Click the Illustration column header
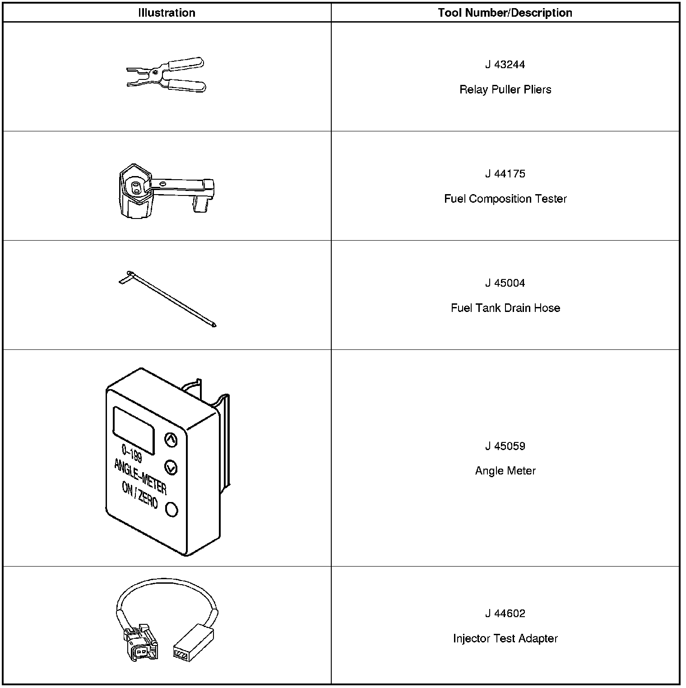point(167,13)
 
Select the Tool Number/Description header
point(505,13)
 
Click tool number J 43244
point(505,65)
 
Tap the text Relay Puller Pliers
point(505,89)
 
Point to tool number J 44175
point(505,174)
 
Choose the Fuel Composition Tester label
point(505,199)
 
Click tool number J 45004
point(505,283)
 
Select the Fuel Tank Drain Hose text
point(505,308)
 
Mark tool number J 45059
point(505,446)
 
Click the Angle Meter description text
point(505,471)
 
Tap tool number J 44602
point(505,614)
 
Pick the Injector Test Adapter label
point(505,638)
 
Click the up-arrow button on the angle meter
point(171,440)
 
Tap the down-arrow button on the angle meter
point(171,468)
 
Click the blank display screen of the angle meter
point(133,430)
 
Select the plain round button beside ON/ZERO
point(172,509)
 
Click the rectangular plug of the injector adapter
point(193,641)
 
